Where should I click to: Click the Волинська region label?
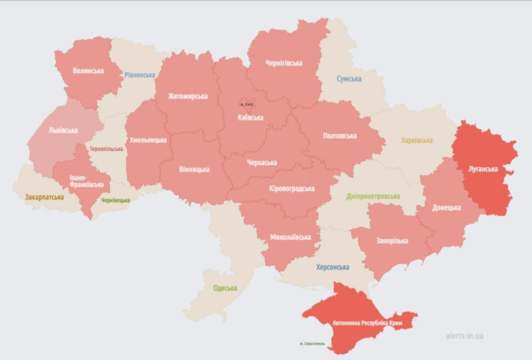(88, 70)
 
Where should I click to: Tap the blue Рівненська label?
(140, 75)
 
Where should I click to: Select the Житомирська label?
(188, 96)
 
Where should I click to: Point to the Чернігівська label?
(284, 63)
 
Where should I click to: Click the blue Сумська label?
(348, 79)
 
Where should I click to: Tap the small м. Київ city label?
(246, 104)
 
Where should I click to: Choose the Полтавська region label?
(340, 136)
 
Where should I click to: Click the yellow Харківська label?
(417, 141)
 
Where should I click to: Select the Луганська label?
(483, 169)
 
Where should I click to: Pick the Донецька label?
(446, 207)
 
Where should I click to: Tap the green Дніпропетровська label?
(373, 196)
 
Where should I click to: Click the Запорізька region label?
(392, 241)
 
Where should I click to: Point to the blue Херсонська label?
(332, 267)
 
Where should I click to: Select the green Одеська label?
(225, 288)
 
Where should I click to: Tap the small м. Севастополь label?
(312, 344)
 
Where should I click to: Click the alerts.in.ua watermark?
(465, 336)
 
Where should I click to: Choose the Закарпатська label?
(44, 197)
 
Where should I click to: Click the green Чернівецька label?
(116, 200)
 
